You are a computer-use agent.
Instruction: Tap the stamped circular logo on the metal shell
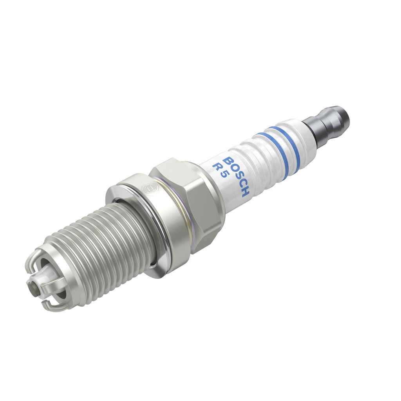coord(149,189)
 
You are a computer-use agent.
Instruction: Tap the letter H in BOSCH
coord(245,192)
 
